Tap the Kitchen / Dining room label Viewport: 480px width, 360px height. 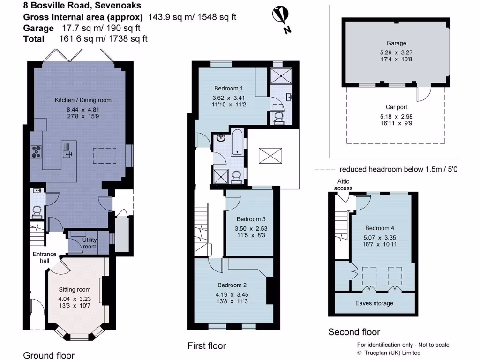83,100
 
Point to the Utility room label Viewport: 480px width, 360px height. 90,243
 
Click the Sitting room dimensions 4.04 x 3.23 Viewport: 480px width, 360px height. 75,298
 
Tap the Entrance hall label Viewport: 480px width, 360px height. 44,257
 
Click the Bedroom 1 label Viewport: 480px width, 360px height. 228,88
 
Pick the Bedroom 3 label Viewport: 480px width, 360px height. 251,219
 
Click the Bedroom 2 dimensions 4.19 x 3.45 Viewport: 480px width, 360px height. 231,294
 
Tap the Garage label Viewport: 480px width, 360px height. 396,43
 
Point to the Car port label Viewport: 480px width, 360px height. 396,107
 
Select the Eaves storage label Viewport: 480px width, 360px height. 374,303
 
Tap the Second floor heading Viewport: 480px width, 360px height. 354,332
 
